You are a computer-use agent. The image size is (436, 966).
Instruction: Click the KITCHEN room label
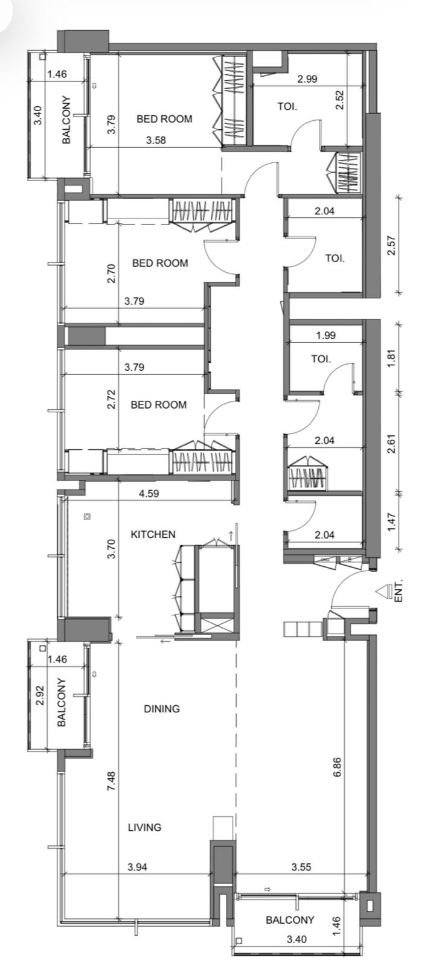(153, 534)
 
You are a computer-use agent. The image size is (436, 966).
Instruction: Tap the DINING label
(162, 709)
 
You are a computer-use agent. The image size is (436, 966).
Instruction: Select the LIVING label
(144, 827)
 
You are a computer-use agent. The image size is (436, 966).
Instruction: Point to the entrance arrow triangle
(382, 592)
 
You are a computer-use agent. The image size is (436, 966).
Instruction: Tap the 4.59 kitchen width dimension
(150, 493)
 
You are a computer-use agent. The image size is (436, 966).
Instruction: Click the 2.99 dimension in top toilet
(307, 78)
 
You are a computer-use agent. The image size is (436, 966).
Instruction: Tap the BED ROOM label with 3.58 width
(164, 119)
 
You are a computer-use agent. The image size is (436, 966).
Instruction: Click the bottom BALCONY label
(290, 920)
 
